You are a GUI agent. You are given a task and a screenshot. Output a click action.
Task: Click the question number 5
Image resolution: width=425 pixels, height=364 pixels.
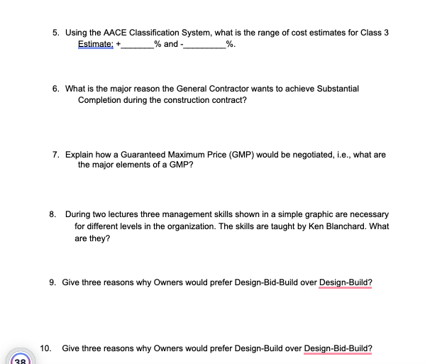pyautogui.click(x=55, y=33)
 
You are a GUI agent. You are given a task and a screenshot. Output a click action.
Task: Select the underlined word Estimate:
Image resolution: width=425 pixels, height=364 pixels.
pyautogui.click(x=96, y=44)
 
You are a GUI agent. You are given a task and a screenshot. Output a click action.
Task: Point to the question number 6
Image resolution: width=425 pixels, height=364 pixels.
pyautogui.click(x=55, y=89)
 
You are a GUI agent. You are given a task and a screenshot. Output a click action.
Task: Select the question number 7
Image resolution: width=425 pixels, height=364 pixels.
pyautogui.click(x=55, y=154)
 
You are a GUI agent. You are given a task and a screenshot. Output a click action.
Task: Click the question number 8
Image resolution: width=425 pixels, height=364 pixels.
pyautogui.click(x=53, y=214)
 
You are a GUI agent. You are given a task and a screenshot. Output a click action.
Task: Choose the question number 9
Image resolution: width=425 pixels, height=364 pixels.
pyautogui.click(x=53, y=282)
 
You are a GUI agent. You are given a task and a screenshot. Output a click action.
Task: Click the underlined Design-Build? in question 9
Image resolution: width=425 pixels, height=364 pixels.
pyautogui.click(x=346, y=282)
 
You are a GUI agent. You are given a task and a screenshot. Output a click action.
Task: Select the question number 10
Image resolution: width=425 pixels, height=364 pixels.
pyautogui.click(x=45, y=348)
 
